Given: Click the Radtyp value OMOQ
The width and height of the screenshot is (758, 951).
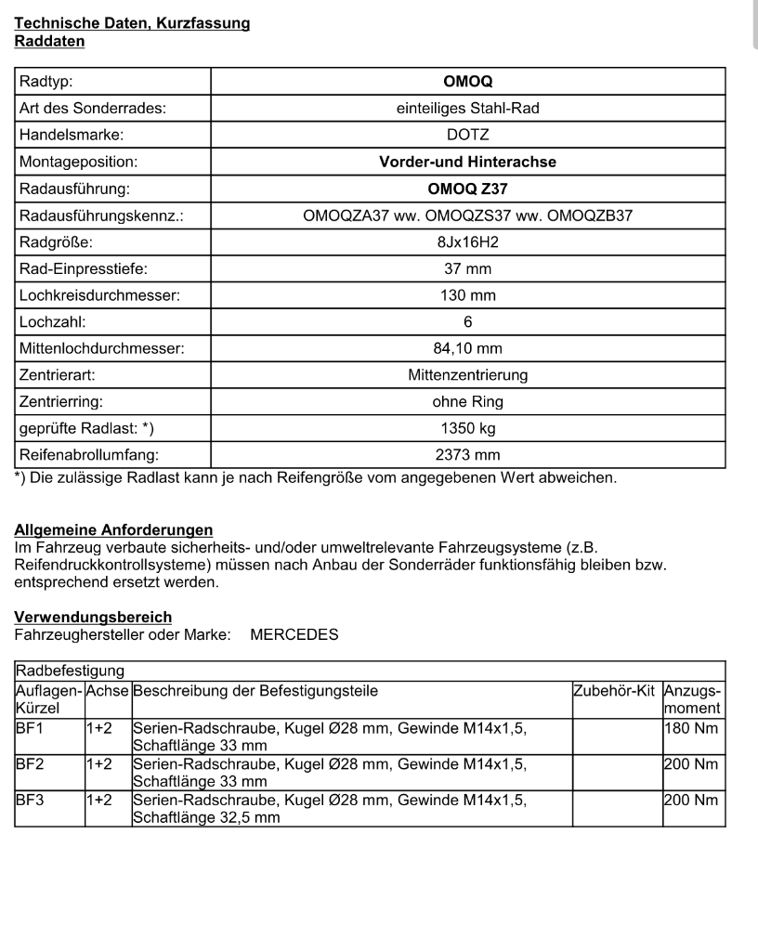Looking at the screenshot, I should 468,82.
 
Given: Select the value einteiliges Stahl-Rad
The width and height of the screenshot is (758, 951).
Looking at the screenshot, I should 468,109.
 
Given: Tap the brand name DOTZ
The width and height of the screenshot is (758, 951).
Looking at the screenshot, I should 468,136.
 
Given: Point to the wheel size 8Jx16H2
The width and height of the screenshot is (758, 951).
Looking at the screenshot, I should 468,242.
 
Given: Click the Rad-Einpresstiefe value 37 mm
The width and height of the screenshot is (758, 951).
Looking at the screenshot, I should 468,269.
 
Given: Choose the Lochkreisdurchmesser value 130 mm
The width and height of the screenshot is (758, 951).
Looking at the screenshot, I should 468,296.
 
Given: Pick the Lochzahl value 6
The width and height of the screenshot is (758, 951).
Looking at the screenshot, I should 468,323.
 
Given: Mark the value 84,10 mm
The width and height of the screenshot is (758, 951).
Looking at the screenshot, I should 468,350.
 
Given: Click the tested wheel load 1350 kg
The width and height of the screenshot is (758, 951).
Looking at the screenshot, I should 468,430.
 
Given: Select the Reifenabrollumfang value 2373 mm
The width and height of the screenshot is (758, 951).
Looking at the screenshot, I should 468,456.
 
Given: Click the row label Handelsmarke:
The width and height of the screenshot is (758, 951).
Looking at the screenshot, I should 72,136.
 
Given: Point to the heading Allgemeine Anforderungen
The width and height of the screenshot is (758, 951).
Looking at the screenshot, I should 113,529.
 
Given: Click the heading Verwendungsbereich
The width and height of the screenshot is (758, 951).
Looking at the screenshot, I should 93,617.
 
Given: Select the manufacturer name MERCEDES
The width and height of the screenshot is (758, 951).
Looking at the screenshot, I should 294,635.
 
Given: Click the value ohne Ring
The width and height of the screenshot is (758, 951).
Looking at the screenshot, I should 468,403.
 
